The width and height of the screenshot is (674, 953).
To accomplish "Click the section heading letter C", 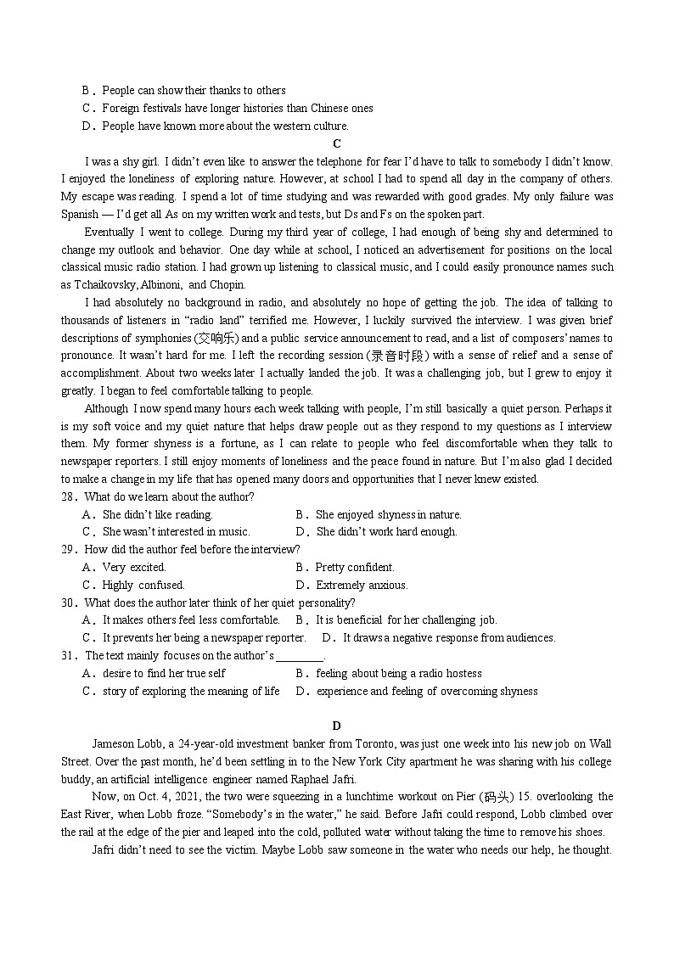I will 337,143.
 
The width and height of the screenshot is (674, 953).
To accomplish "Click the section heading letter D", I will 337,726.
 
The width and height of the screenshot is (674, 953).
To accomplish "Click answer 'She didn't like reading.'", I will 157,514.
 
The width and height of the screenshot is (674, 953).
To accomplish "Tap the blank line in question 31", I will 300,657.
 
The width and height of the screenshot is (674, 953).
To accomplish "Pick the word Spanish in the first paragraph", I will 79,215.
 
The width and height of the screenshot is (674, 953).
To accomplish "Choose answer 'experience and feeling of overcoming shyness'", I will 426,691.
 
